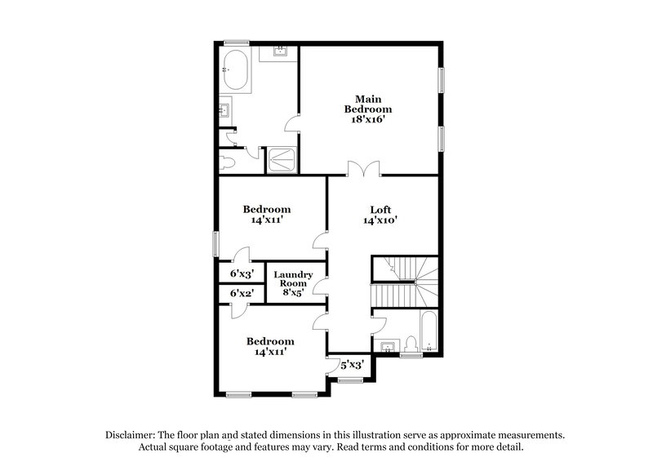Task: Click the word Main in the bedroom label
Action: pos(367,98)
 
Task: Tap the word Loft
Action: pos(380,208)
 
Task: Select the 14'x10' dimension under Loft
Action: pos(380,220)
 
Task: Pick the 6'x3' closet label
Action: pos(242,273)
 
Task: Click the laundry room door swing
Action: pos(321,286)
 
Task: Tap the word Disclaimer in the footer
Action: pos(133,435)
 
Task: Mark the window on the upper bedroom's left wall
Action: pos(216,244)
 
